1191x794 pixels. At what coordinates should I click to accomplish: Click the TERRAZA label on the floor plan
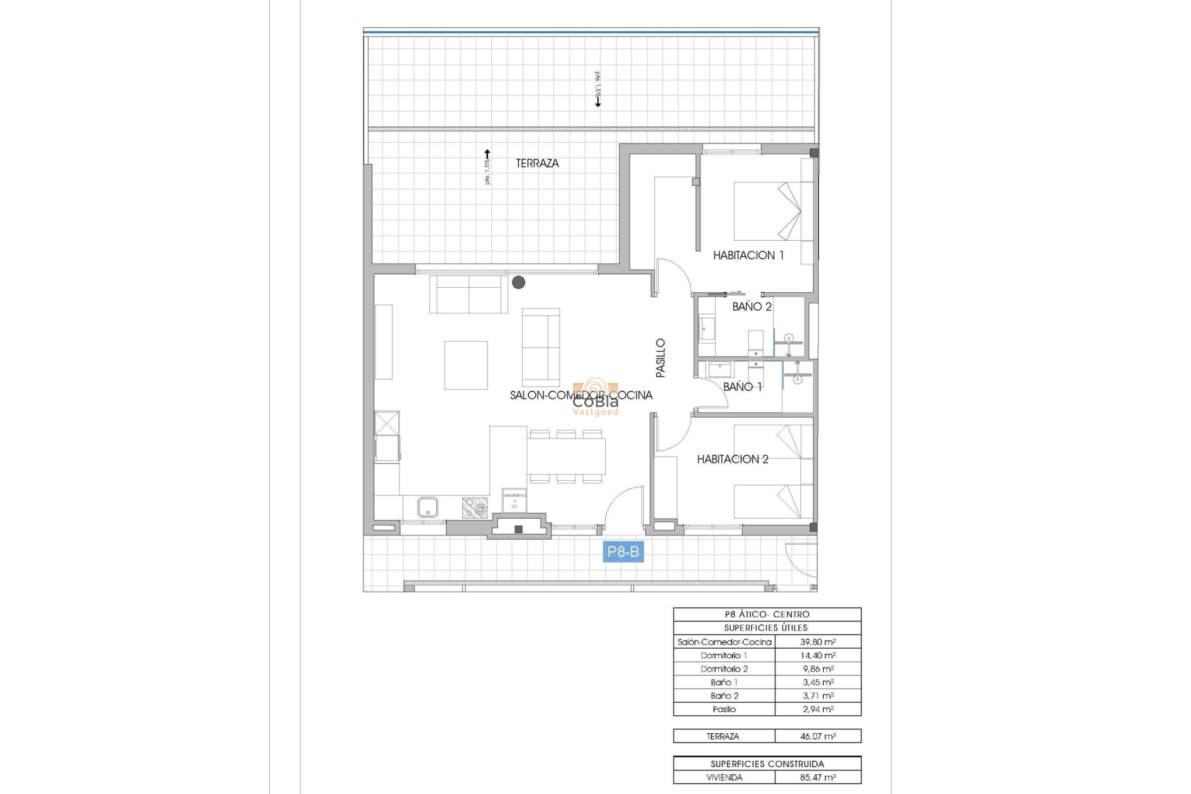click(x=537, y=163)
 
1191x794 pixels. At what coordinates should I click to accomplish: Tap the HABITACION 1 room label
click(x=748, y=255)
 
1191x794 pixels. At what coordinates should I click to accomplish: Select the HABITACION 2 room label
click(x=733, y=459)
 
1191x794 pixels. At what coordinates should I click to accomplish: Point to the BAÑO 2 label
click(x=752, y=306)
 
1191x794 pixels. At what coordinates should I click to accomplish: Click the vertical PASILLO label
click(x=661, y=358)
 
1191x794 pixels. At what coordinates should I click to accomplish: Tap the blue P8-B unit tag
click(x=623, y=551)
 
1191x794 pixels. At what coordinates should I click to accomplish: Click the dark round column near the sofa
click(x=519, y=282)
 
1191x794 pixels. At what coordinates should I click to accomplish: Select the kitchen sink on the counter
click(x=427, y=507)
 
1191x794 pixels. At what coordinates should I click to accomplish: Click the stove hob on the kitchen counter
click(x=475, y=508)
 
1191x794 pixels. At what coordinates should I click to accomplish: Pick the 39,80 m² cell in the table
click(x=818, y=642)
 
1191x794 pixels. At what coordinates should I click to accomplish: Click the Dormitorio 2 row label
click(x=724, y=669)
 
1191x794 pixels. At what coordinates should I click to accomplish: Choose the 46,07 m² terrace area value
click(x=818, y=736)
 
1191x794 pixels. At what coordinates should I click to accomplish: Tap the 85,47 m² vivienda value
click(x=818, y=777)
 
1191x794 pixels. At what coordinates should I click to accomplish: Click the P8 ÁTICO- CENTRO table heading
click(x=767, y=614)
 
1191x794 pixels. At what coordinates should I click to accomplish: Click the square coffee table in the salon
click(x=465, y=365)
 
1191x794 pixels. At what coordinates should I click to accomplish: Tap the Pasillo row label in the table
click(x=724, y=709)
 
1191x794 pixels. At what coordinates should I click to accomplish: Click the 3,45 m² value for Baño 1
click(x=818, y=682)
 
